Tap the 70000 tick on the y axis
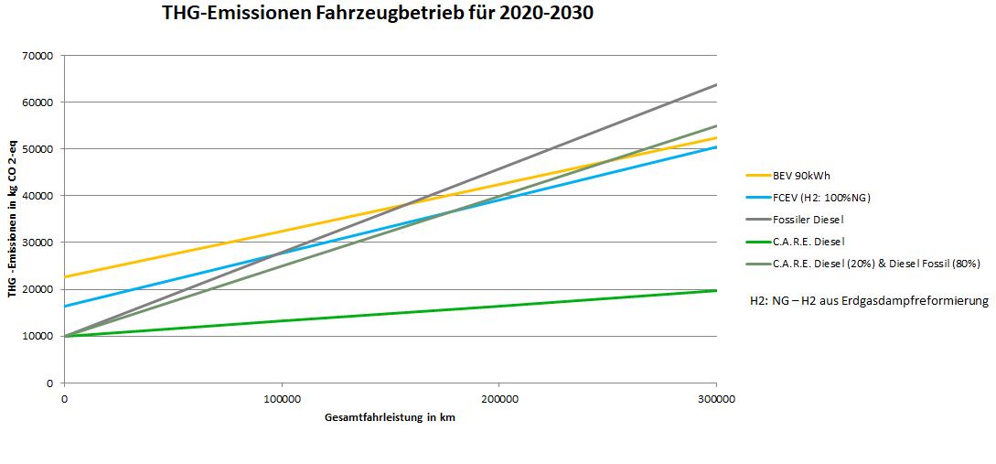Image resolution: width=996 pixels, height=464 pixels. (x=39, y=56)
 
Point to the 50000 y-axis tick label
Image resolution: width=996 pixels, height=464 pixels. (x=39, y=149)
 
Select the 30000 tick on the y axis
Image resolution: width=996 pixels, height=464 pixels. (x=39, y=243)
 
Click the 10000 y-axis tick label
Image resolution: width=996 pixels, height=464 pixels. (x=39, y=336)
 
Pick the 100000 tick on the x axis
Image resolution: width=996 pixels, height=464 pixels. (x=281, y=399)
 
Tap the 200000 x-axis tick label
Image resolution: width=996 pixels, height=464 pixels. (x=498, y=399)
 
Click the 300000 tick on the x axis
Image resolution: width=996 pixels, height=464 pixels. (x=715, y=399)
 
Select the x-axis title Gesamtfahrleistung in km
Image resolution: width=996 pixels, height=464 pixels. (x=390, y=417)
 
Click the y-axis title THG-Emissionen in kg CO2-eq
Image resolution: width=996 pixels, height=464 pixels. (x=14, y=219)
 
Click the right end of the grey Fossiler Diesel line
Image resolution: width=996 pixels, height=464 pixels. (x=715, y=84)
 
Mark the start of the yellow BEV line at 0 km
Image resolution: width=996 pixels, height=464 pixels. (x=65, y=276)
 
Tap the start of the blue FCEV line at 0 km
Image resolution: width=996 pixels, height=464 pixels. (x=65, y=306)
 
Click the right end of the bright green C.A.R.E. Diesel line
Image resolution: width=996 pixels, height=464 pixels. (x=715, y=290)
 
